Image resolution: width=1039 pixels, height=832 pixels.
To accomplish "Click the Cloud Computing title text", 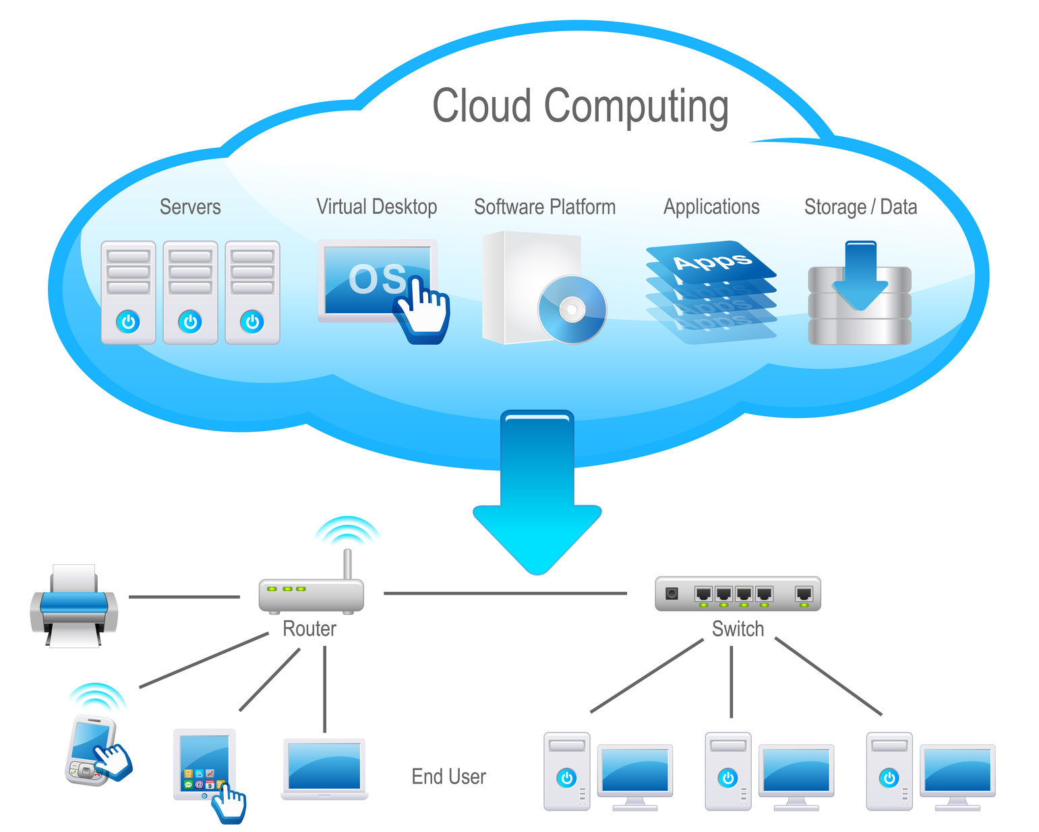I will point(580,107).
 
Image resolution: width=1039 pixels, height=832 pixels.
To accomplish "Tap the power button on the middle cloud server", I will point(190,322).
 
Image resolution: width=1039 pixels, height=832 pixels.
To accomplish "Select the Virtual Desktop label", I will point(376,206).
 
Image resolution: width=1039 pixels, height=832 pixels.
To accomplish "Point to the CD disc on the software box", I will point(572,310).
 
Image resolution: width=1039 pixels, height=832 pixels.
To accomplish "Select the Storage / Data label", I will point(860,206).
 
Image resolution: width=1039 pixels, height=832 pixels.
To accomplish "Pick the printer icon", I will point(74,606).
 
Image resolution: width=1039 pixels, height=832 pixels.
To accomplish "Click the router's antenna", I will point(347,563).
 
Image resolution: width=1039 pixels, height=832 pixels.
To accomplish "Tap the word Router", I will point(309,629).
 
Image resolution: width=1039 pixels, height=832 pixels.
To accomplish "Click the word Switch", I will point(738,629).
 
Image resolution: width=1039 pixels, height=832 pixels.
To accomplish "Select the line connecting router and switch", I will point(505,594).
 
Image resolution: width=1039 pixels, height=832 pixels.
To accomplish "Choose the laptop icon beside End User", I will point(324,769).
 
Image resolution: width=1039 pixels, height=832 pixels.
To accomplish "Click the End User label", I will point(448,777).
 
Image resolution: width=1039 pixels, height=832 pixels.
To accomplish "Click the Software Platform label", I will point(545,206).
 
